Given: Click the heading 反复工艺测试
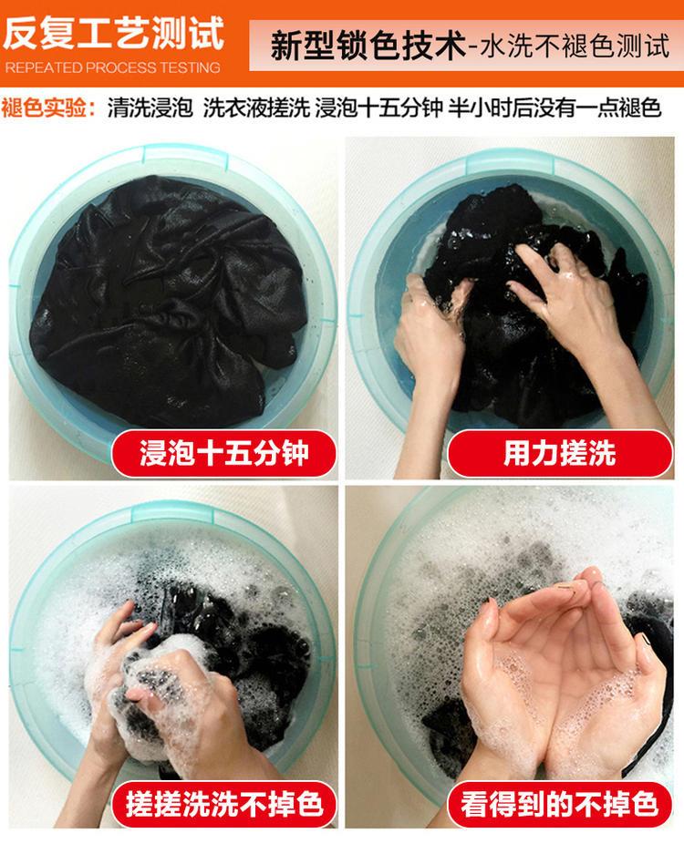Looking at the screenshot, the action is click(x=114, y=34).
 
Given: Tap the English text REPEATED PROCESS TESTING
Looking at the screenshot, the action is click(x=113, y=67).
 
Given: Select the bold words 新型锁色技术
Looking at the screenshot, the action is click(x=368, y=46).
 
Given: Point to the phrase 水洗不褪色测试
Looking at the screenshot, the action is click(x=575, y=46).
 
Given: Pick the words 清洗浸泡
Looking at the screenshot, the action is click(x=150, y=107).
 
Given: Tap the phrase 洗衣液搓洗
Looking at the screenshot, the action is click(x=256, y=107).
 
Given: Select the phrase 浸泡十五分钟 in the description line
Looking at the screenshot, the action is click(x=378, y=107).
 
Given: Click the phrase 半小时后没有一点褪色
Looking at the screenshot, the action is click(x=554, y=107).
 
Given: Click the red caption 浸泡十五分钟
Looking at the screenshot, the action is click(x=223, y=454).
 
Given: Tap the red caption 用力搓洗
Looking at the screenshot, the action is click(x=559, y=454).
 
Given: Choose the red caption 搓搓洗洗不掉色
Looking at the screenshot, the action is click(x=223, y=804).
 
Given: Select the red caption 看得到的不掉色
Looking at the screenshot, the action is click(x=559, y=804).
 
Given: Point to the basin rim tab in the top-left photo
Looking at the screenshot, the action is click(x=185, y=153).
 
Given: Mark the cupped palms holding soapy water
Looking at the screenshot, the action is click(x=556, y=678).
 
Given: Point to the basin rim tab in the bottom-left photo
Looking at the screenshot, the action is click(x=172, y=510).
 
